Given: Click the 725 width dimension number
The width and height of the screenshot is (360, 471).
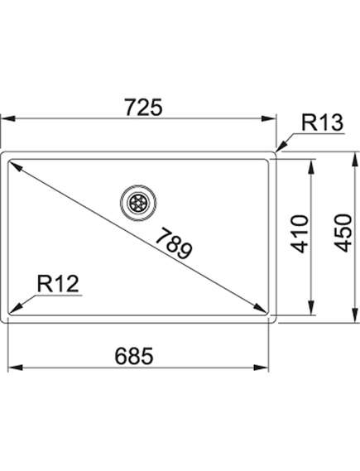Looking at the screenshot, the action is coord(143,108).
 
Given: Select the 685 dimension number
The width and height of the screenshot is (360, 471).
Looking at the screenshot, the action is coord(134,356).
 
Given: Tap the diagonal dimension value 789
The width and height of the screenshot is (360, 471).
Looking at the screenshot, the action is coord(174,243).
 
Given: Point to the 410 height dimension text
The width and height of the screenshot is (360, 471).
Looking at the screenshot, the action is coord(300,233).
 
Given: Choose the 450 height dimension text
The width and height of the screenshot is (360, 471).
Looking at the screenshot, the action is coord(343,233).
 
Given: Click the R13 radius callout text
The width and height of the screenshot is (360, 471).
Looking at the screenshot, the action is coord(322,123).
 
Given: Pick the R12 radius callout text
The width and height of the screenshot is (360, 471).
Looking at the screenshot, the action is coord(58,284).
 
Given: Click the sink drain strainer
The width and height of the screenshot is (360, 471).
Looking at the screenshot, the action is coord(138,203).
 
